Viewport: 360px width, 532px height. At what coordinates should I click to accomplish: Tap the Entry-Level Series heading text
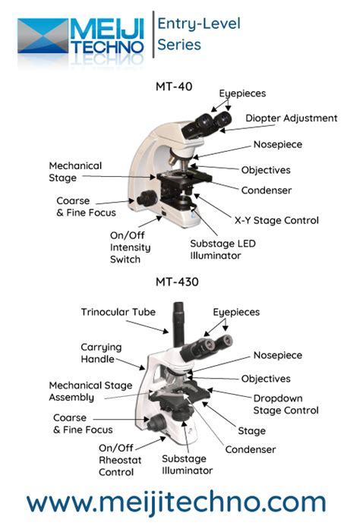tap(198, 34)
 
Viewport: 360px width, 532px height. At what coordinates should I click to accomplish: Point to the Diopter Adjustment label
tap(291, 118)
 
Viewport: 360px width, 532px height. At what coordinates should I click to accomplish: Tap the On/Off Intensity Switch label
tap(131, 247)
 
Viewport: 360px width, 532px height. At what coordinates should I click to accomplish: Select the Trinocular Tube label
tap(117, 312)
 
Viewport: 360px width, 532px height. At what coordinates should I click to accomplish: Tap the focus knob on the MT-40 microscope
tap(148, 198)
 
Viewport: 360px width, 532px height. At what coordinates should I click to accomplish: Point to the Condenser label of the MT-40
tap(266, 190)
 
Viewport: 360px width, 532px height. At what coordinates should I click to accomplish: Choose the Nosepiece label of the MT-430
tap(277, 355)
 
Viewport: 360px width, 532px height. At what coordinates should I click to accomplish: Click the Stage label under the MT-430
tap(251, 431)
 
